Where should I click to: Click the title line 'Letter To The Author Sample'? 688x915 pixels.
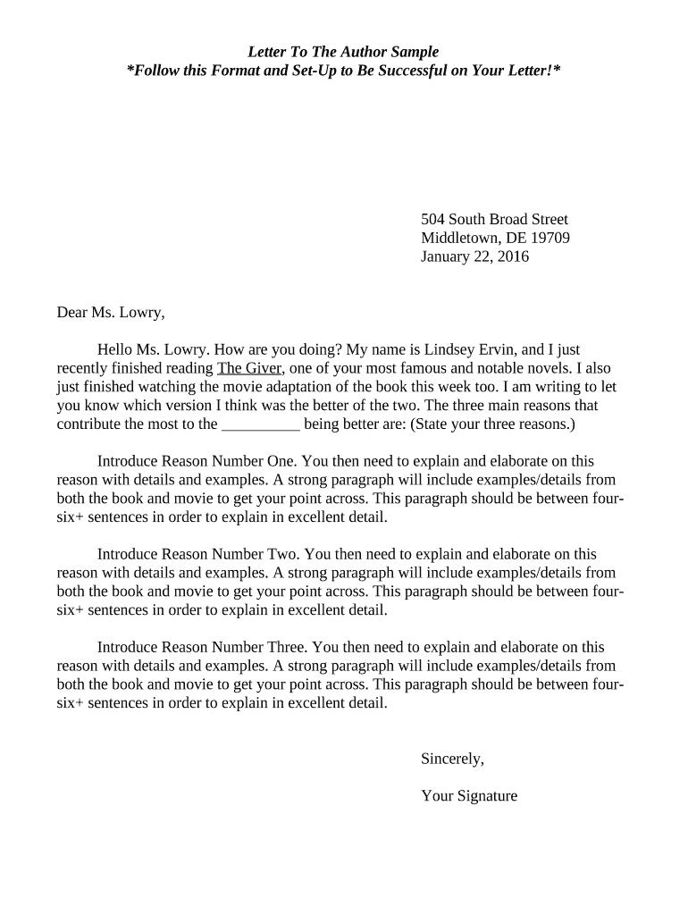click(343, 53)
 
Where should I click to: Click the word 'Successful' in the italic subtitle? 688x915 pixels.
click(411, 71)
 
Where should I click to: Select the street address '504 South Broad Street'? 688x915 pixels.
click(494, 220)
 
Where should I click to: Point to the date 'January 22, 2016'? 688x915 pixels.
click(474, 257)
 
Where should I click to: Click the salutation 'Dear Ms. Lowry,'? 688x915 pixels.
click(111, 313)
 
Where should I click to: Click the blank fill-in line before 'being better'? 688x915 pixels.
click(260, 424)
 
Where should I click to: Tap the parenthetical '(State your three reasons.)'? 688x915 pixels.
click(492, 424)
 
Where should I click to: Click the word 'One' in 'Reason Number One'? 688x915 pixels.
click(281, 462)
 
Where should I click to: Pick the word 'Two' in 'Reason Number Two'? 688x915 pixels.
click(282, 555)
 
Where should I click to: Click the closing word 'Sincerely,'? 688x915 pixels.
click(452, 760)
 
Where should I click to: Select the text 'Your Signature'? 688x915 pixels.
click(468, 796)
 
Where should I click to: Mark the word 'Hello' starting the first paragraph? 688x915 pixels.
click(116, 350)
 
